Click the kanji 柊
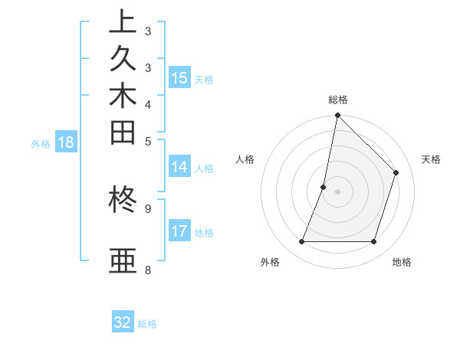123,201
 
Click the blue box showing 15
179,77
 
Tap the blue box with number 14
179,167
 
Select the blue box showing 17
179,231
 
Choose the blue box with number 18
66,142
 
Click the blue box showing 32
123,322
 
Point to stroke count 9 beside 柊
148,208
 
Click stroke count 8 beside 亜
148,270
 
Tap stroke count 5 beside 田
148,141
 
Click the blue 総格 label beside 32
148,324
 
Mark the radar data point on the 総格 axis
337,116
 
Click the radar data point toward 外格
302,242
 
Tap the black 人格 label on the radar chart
245,159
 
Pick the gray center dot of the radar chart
337,191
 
